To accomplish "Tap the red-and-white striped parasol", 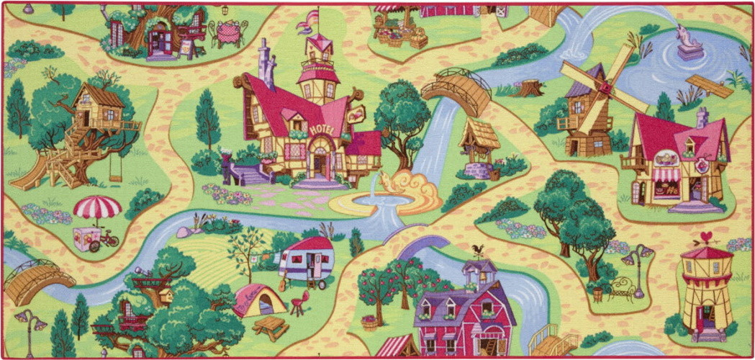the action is point(97,207).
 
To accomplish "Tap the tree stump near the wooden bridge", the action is point(530,87).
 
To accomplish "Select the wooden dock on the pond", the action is point(708,84).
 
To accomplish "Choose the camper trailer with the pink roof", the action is point(309,258).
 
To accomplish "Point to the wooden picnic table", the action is point(271,328).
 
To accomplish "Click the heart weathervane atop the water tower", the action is point(708,237).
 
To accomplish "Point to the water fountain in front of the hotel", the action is point(371,194).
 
